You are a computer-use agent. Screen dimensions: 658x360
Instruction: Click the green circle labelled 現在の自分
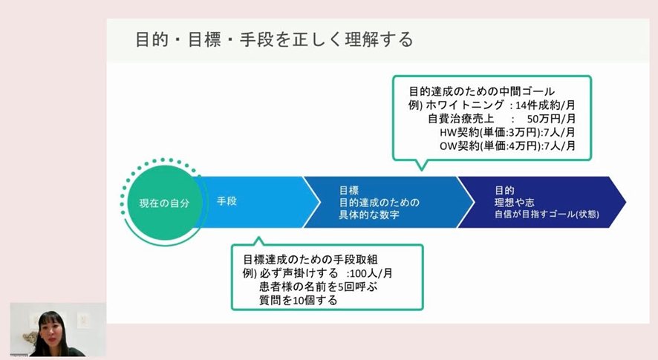coord(165,203)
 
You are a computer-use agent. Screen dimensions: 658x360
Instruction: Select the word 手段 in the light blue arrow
coord(227,201)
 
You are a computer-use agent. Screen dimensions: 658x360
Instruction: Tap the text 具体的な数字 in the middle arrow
coord(369,215)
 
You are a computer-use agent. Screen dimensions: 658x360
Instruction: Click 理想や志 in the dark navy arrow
coord(514,203)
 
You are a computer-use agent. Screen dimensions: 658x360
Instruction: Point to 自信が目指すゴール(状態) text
coord(547,215)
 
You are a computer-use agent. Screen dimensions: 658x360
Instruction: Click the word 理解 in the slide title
coord(362,40)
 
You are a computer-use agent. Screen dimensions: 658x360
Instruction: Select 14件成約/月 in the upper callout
coord(545,105)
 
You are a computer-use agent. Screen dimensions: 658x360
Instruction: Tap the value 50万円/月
coord(551,119)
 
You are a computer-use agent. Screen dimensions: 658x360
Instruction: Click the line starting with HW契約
coord(507,132)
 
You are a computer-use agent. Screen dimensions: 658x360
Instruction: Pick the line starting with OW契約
coord(507,145)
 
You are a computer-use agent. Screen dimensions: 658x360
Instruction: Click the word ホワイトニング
coord(465,105)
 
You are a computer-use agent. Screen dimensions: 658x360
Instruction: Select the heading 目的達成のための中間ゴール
coord(482,91)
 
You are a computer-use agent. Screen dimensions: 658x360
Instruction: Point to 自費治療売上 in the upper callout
coord(460,119)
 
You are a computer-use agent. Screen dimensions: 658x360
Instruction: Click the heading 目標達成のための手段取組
coord(310,260)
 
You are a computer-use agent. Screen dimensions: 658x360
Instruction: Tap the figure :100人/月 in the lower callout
coord(369,274)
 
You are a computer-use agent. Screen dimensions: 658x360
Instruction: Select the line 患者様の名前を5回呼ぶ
coord(318,287)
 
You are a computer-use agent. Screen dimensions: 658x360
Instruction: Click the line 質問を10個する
coord(298,301)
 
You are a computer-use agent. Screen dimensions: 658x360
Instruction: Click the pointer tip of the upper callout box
coord(421,170)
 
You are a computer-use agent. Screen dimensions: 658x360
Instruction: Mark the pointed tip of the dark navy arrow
coord(625,202)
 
